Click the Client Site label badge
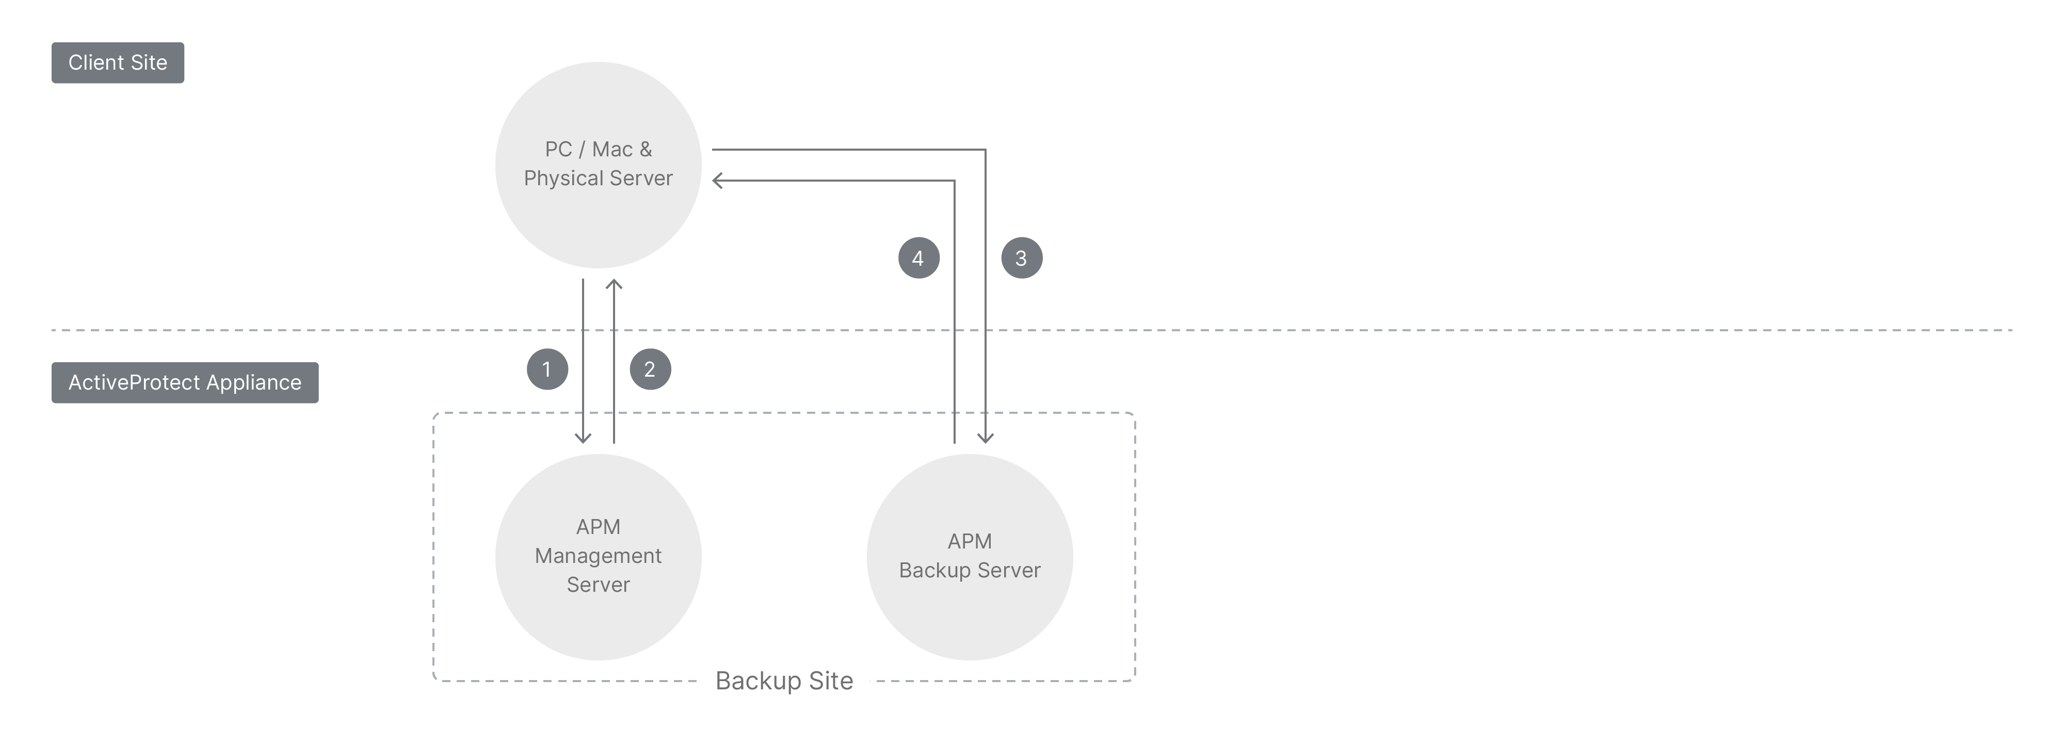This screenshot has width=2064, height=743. click(118, 62)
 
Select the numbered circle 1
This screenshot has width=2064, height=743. click(547, 369)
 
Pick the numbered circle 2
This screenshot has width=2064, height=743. click(650, 369)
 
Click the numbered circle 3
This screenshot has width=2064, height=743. click(1022, 258)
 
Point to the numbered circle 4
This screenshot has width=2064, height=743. click(918, 258)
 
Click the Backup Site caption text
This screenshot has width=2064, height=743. click(784, 681)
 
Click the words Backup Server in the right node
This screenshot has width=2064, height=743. click(970, 570)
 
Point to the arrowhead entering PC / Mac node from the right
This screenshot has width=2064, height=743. click(716, 181)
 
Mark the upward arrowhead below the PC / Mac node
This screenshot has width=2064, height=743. click(614, 284)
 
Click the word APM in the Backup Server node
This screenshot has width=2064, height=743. click(970, 541)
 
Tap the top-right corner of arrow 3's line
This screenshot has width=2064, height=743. click(985, 150)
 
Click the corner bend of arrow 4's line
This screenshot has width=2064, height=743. click(954, 181)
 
